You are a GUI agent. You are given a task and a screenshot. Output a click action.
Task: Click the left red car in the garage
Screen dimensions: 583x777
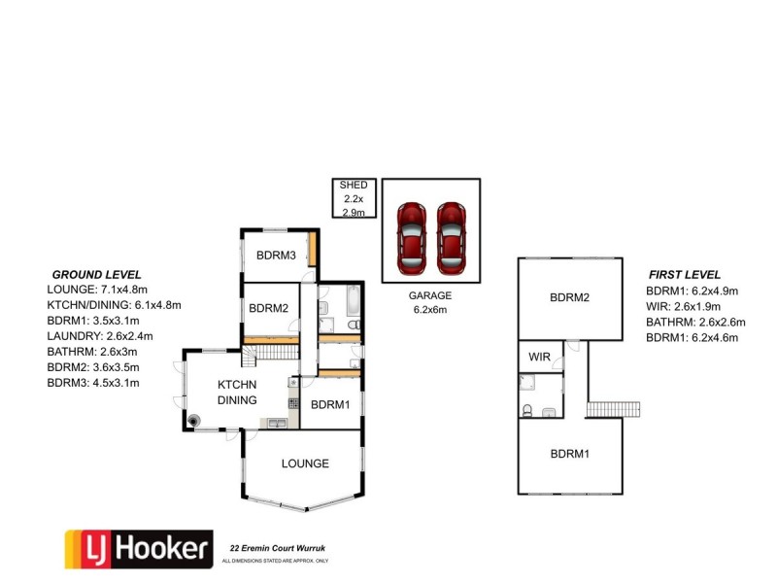click(413, 237)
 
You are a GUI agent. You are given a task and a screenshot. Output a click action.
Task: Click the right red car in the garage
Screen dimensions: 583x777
click(451, 237)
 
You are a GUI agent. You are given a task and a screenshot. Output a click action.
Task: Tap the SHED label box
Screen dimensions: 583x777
click(351, 198)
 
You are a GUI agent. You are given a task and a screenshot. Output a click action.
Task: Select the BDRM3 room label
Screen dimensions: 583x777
click(276, 256)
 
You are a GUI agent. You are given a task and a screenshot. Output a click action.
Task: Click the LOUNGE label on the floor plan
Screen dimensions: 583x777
click(305, 463)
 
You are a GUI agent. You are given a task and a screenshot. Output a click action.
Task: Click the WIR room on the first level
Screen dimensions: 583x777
click(539, 358)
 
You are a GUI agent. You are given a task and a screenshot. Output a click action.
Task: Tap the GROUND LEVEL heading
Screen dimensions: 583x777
click(96, 275)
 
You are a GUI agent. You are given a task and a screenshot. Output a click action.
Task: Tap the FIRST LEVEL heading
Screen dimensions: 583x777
click(684, 275)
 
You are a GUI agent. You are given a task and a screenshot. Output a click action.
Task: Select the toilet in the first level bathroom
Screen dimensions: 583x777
click(527, 411)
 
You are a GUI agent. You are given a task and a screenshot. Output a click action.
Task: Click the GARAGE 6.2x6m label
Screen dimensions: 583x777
click(430, 302)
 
